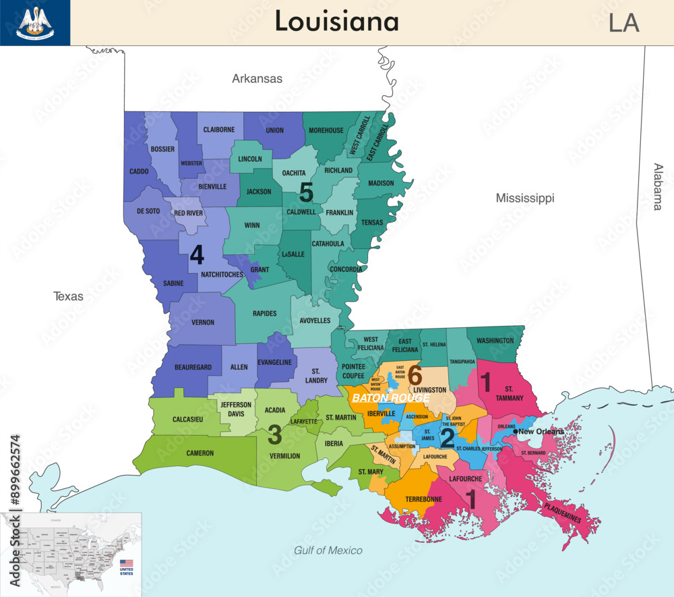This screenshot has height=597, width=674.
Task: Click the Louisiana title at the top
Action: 336,22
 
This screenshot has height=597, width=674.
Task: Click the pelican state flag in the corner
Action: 35,22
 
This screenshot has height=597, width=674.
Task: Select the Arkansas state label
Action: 257,79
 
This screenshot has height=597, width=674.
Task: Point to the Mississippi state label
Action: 524,198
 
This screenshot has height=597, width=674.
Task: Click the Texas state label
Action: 69,296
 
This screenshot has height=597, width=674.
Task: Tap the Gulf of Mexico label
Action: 328,550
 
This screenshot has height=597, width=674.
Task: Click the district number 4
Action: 196,255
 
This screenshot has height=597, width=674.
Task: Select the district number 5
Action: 306,192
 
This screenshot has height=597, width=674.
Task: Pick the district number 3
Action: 274,435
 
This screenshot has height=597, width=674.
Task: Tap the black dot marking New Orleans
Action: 516,432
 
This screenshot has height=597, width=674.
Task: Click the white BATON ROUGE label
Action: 390,398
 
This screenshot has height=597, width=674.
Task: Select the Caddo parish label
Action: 139,171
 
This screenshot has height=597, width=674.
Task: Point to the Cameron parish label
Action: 200,453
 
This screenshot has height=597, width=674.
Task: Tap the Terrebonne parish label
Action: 424,499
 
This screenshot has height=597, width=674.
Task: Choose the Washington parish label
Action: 495,341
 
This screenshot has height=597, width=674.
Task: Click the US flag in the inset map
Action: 126,563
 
